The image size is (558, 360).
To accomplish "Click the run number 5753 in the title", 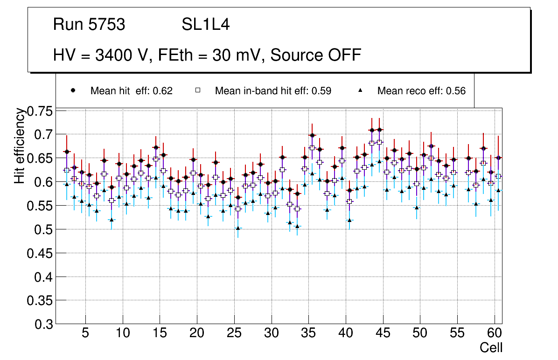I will (107, 25).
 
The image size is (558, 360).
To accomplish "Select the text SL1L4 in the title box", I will (206, 25).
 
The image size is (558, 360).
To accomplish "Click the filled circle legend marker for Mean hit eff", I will (73, 90).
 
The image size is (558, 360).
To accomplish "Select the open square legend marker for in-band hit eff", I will (197, 90).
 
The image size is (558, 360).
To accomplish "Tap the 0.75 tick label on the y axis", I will (40, 111).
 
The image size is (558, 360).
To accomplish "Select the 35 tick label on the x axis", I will (308, 334).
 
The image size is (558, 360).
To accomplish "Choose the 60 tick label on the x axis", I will (495, 334).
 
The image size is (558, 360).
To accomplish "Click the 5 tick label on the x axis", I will (85, 334).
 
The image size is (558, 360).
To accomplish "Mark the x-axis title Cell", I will (491, 347).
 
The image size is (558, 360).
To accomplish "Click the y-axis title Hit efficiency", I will (20, 145).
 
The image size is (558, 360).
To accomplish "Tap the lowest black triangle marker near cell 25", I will (238, 228).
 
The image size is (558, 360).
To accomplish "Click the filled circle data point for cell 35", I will (312, 135).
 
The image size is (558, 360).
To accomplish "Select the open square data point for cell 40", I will (349, 201).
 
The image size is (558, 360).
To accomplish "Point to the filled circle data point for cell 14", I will (156, 147).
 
